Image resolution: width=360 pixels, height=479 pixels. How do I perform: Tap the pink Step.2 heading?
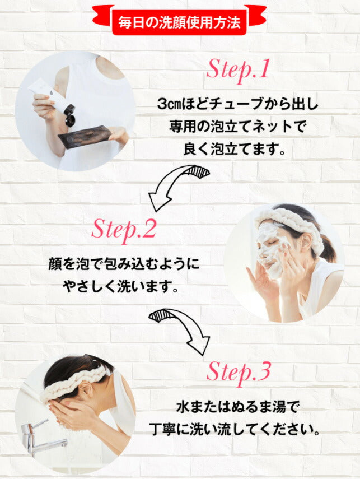point(124,230)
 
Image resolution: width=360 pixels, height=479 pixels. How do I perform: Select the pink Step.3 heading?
point(239,373)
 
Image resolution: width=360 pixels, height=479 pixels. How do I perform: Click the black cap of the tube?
point(70,115)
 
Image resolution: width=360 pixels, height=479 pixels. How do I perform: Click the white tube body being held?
point(49,97)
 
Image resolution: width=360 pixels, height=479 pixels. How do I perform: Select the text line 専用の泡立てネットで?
point(237,127)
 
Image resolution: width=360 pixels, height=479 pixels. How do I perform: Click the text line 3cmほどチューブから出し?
point(237,104)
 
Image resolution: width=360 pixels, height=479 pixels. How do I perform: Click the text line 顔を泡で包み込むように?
point(124,264)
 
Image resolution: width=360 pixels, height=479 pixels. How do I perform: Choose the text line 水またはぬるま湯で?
point(237,407)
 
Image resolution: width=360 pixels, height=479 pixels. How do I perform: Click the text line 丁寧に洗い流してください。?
point(237,430)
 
